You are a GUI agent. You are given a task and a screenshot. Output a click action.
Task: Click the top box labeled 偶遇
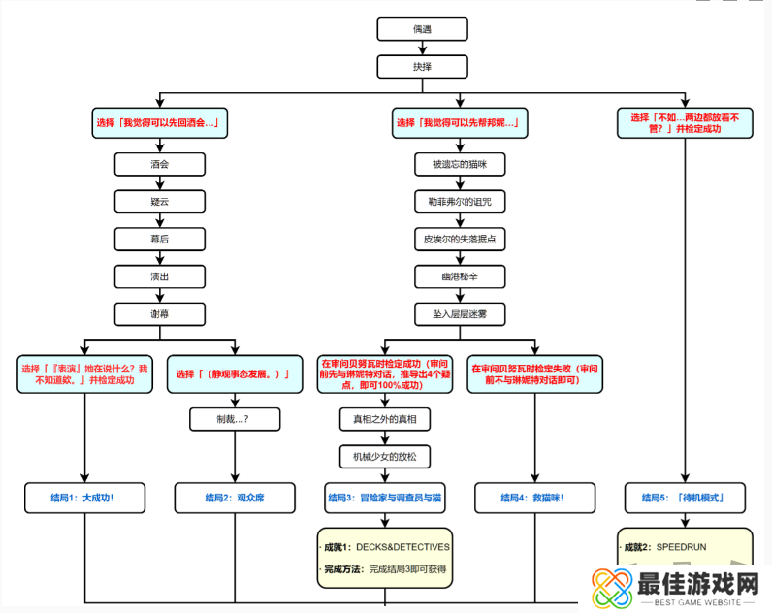(422, 29)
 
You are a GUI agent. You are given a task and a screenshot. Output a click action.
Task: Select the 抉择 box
(422, 66)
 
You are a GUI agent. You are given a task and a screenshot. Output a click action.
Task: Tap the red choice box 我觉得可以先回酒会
(160, 123)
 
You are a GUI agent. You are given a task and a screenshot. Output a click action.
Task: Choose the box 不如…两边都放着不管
(684, 123)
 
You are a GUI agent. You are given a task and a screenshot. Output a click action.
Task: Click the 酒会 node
(160, 164)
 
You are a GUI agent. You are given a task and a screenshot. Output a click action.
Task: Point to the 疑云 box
(160, 201)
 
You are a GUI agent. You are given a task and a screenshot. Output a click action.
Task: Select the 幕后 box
(160, 238)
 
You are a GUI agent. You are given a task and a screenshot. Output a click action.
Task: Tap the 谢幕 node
(160, 312)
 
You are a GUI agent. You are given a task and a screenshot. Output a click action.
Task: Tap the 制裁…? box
(235, 419)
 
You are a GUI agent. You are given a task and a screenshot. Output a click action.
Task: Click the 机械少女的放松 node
(385, 456)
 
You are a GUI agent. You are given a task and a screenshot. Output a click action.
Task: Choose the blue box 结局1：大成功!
(84, 498)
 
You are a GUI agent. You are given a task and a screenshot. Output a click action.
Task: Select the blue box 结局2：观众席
(235, 498)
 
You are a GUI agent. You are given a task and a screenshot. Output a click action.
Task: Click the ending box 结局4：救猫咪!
(533, 498)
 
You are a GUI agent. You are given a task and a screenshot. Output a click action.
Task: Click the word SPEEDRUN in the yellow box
(681, 547)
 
